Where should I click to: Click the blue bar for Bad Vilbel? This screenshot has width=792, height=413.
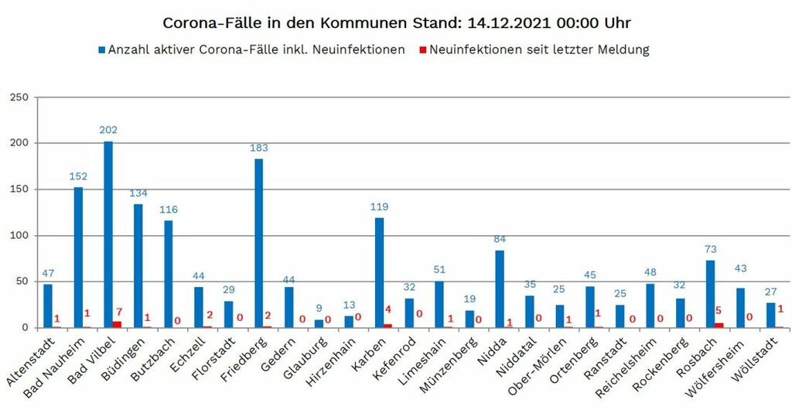coord(108,234)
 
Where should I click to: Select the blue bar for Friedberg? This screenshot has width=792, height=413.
coord(258,243)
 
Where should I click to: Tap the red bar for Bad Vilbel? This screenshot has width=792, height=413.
coord(118,324)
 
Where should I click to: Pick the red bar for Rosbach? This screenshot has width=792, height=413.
coord(719,325)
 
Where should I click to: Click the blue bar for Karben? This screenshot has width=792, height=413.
coord(379,272)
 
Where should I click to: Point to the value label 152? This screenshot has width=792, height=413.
coord(78,176)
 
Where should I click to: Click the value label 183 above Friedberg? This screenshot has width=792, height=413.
coord(258,148)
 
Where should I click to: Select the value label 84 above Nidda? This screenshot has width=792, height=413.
coord(499,239)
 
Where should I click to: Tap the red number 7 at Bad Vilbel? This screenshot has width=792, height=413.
coord(119,312)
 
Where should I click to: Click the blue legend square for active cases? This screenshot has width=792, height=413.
coord(101,50)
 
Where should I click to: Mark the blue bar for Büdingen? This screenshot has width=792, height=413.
coord(138,265)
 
